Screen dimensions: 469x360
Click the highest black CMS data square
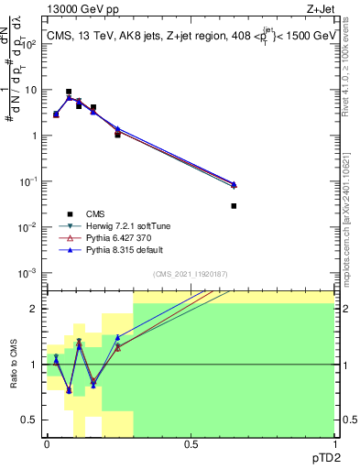click(x=69, y=92)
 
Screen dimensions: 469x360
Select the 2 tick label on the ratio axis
click(x=35, y=309)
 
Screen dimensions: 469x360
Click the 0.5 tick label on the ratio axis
click(x=30, y=420)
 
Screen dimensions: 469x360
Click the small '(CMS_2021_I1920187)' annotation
click(x=190, y=274)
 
